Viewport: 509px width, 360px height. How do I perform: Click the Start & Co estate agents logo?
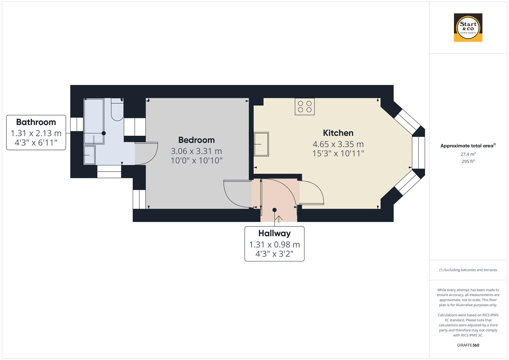pyautogui.click(x=468, y=27)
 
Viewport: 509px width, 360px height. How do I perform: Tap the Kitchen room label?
pyautogui.click(x=338, y=133)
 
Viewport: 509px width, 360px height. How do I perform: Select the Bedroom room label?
pyautogui.click(x=196, y=140)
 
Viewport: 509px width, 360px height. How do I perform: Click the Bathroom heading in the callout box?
pyautogui.click(x=36, y=122)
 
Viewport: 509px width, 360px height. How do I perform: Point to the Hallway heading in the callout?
pyautogui.click(x=274, y=233)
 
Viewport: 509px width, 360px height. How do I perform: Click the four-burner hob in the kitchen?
pyautogui.click(x=305, y=106)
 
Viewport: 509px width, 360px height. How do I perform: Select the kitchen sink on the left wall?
pyautogui.click(x=261, y=144)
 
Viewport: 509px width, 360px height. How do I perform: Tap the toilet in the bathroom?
pyautogui.click(x=117, y=110)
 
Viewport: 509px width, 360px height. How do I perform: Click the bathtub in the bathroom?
pyautogui.click(x=94, y=121)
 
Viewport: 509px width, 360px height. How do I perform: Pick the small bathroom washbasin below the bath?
pyautogui.click(x=89, y=155)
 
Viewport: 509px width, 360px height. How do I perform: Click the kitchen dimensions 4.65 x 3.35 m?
pyautogui.click(x=338, y=144)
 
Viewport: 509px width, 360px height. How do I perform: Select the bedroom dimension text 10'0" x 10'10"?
pyautogui.click(x=196, y=161)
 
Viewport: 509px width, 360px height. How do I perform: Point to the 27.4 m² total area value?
pyautogui.click(x=468, y=154)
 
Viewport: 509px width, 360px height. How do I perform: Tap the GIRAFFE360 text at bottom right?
pyautogui.click(x=468, y=345)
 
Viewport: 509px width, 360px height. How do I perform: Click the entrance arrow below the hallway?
pyautogui.click(x=279, y=219)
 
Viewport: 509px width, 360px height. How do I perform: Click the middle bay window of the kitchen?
pyautogui.click(x=418, y=153)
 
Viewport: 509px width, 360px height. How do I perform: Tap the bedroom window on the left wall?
pyautogui.click(x=139, y=199)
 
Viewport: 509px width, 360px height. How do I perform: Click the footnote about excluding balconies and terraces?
pyautogui.click(x=468, y=270)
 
